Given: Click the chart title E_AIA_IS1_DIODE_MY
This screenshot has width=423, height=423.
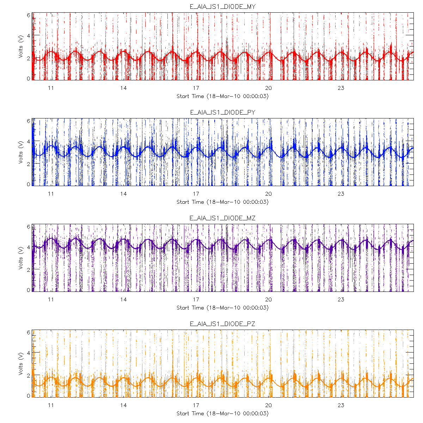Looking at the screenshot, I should click(222, 7).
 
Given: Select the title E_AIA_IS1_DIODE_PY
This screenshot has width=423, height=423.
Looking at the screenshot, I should click(222, 112).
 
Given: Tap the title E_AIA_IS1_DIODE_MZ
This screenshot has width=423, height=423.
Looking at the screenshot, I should click(222, 218).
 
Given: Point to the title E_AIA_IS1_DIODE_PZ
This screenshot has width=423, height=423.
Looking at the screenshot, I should click(222, 324).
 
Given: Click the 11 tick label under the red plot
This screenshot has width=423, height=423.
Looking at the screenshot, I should click(51, 88).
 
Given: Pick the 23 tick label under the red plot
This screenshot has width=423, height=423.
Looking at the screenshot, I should click(341, 88).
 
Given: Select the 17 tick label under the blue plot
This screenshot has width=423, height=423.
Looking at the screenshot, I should click(196, 194).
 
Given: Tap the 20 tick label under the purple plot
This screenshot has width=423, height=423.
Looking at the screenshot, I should click(268, 300).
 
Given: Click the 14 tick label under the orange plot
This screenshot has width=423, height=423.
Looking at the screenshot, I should click(123, 405).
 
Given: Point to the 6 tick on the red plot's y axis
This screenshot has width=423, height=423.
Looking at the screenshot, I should click(29, 15).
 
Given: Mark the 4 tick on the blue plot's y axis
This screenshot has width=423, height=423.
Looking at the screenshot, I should click(29, 142).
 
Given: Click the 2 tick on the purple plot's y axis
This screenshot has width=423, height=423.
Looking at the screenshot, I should click(29, 269).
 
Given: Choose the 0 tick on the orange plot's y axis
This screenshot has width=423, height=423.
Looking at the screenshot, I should click(29, 396).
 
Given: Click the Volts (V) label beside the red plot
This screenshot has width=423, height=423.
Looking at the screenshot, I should click(21, 47).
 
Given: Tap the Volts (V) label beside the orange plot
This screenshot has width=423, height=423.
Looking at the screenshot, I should click(21, 364).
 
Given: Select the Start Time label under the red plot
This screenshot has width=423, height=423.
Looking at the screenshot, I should click(222, 96).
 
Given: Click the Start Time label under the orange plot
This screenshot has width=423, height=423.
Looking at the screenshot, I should click(222, 413).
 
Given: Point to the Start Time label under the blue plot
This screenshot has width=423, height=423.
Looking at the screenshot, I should click(222, 202).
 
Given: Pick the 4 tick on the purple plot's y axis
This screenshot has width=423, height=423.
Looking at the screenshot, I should click(29, 247).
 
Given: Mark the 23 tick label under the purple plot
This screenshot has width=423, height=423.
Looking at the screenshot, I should click(341, 300).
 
